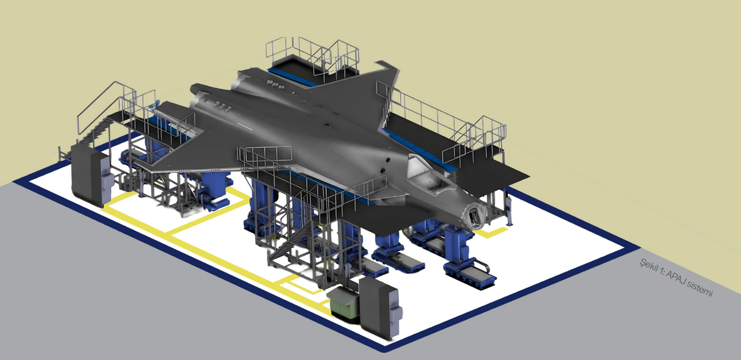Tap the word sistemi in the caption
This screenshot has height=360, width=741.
point(701,289)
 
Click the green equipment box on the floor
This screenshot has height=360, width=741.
point(345,304)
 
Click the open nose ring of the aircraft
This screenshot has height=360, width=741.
point(475,216)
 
